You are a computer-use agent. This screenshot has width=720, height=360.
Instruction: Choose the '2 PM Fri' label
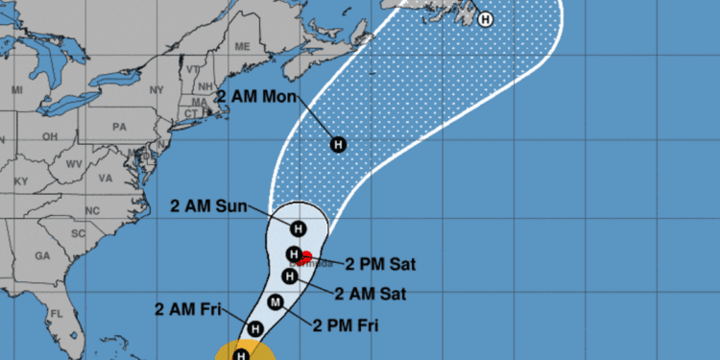(346, 325)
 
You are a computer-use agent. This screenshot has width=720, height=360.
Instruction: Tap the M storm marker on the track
(276, 305)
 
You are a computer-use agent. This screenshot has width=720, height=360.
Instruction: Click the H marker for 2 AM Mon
(337, 144)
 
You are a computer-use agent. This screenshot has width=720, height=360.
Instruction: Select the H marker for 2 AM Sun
(298, 228)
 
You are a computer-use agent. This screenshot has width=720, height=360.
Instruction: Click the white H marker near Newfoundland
(485, 18)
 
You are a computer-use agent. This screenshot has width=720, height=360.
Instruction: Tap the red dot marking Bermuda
(306, 256)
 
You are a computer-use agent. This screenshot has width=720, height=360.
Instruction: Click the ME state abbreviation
(242, 46)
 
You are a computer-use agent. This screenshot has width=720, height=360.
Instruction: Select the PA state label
(119, 126)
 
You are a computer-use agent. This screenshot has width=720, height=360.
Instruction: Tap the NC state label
(93, 210)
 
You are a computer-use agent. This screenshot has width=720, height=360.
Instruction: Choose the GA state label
(41, 256)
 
